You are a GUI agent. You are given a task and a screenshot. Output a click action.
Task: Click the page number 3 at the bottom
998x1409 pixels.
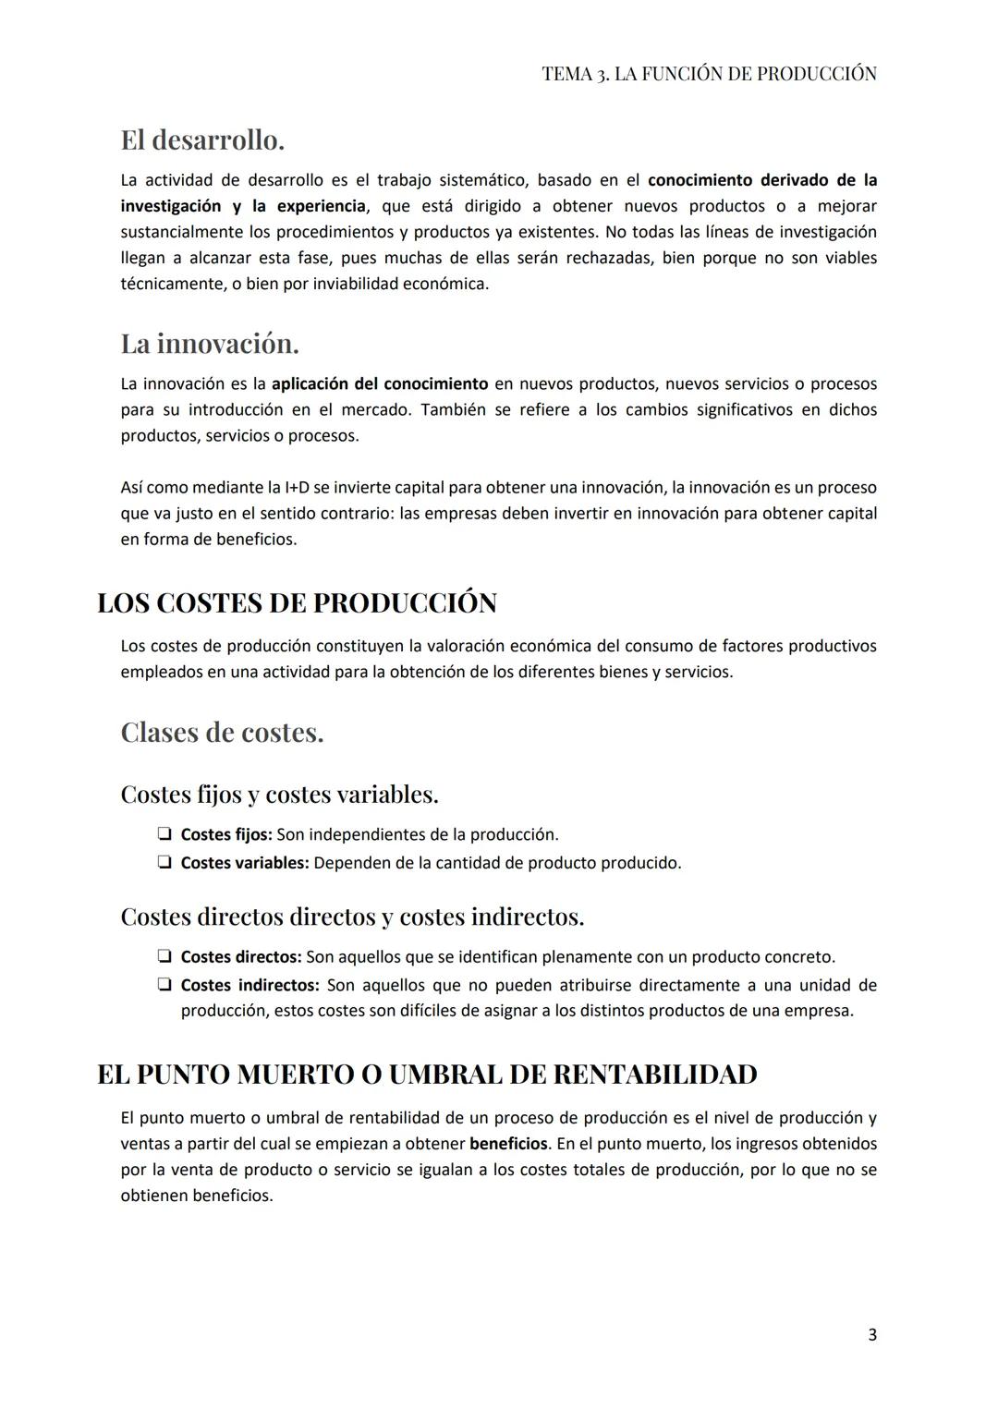pyautogui.click(x=872, y=1335)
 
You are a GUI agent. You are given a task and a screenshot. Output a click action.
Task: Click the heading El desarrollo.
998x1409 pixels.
pyautogui.click(x=202, y=140)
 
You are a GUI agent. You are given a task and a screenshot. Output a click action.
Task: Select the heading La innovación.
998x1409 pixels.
pyautogui.click(x=210, y=344)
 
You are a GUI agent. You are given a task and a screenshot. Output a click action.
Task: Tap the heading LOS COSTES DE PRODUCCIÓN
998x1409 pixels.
pyautogui.click(x=297, y=602)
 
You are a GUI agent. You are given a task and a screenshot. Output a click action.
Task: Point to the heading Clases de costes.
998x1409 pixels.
pyautogui.click(x=222, y=733)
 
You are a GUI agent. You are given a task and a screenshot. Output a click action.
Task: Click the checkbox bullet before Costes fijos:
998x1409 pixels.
pyautogui.click(x=164, y=834)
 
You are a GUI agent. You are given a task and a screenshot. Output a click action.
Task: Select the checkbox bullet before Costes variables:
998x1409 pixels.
pyautogui.click(x=164, y=863)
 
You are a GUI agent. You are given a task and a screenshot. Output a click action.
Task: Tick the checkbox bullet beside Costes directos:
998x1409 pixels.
pyautogui.click(x=164, y=956)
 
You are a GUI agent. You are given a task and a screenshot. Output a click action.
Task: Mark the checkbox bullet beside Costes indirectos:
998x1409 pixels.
pyautogui.click(x=164, y=985)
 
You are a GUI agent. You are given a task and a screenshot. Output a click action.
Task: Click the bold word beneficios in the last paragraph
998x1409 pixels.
pyautogui.click(x=508, y=1144)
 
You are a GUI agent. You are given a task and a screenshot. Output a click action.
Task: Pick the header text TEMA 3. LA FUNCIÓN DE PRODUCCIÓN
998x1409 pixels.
pyautogui.click(x=709, y=74)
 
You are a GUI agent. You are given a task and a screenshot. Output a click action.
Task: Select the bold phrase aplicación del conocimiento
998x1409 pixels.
pyautogui.click(x=379, y=383)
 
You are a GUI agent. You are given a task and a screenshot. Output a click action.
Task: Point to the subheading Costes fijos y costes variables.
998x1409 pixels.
pyautogui.click(x=279, y=795)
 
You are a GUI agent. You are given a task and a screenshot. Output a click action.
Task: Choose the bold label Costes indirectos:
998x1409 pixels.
pyautogui.click(x=249, y=985)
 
